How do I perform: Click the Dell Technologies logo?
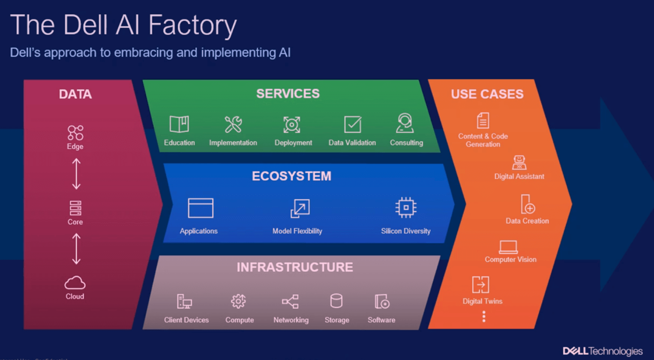(x=602, y=351)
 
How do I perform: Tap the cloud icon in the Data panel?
(x=75, y=283)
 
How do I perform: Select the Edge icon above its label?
(x=75, y=133)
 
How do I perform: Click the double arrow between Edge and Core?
(x=76, y=174)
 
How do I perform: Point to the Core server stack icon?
(x=75, y=208)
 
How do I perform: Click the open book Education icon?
(x=179, y=124)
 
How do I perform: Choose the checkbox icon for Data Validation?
(x=353, y=125)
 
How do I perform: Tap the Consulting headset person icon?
(x=405, y=123)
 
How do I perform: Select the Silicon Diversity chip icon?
(x=405, y=208)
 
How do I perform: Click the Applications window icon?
(x=200, y=208)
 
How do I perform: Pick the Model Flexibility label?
(x=297, y=231)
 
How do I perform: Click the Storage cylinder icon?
(x=336, y=301)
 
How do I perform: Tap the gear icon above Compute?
(x=238, y=301)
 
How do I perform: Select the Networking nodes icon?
(x=290, y=302)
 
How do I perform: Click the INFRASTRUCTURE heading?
(x=295, y=267)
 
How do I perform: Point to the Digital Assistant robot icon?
(x=519, y=163)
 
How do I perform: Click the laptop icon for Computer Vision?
(x=508, y=247)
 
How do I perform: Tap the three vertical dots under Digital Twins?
(x=484, y=316)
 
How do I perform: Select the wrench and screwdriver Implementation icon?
(x=233, y=124)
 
